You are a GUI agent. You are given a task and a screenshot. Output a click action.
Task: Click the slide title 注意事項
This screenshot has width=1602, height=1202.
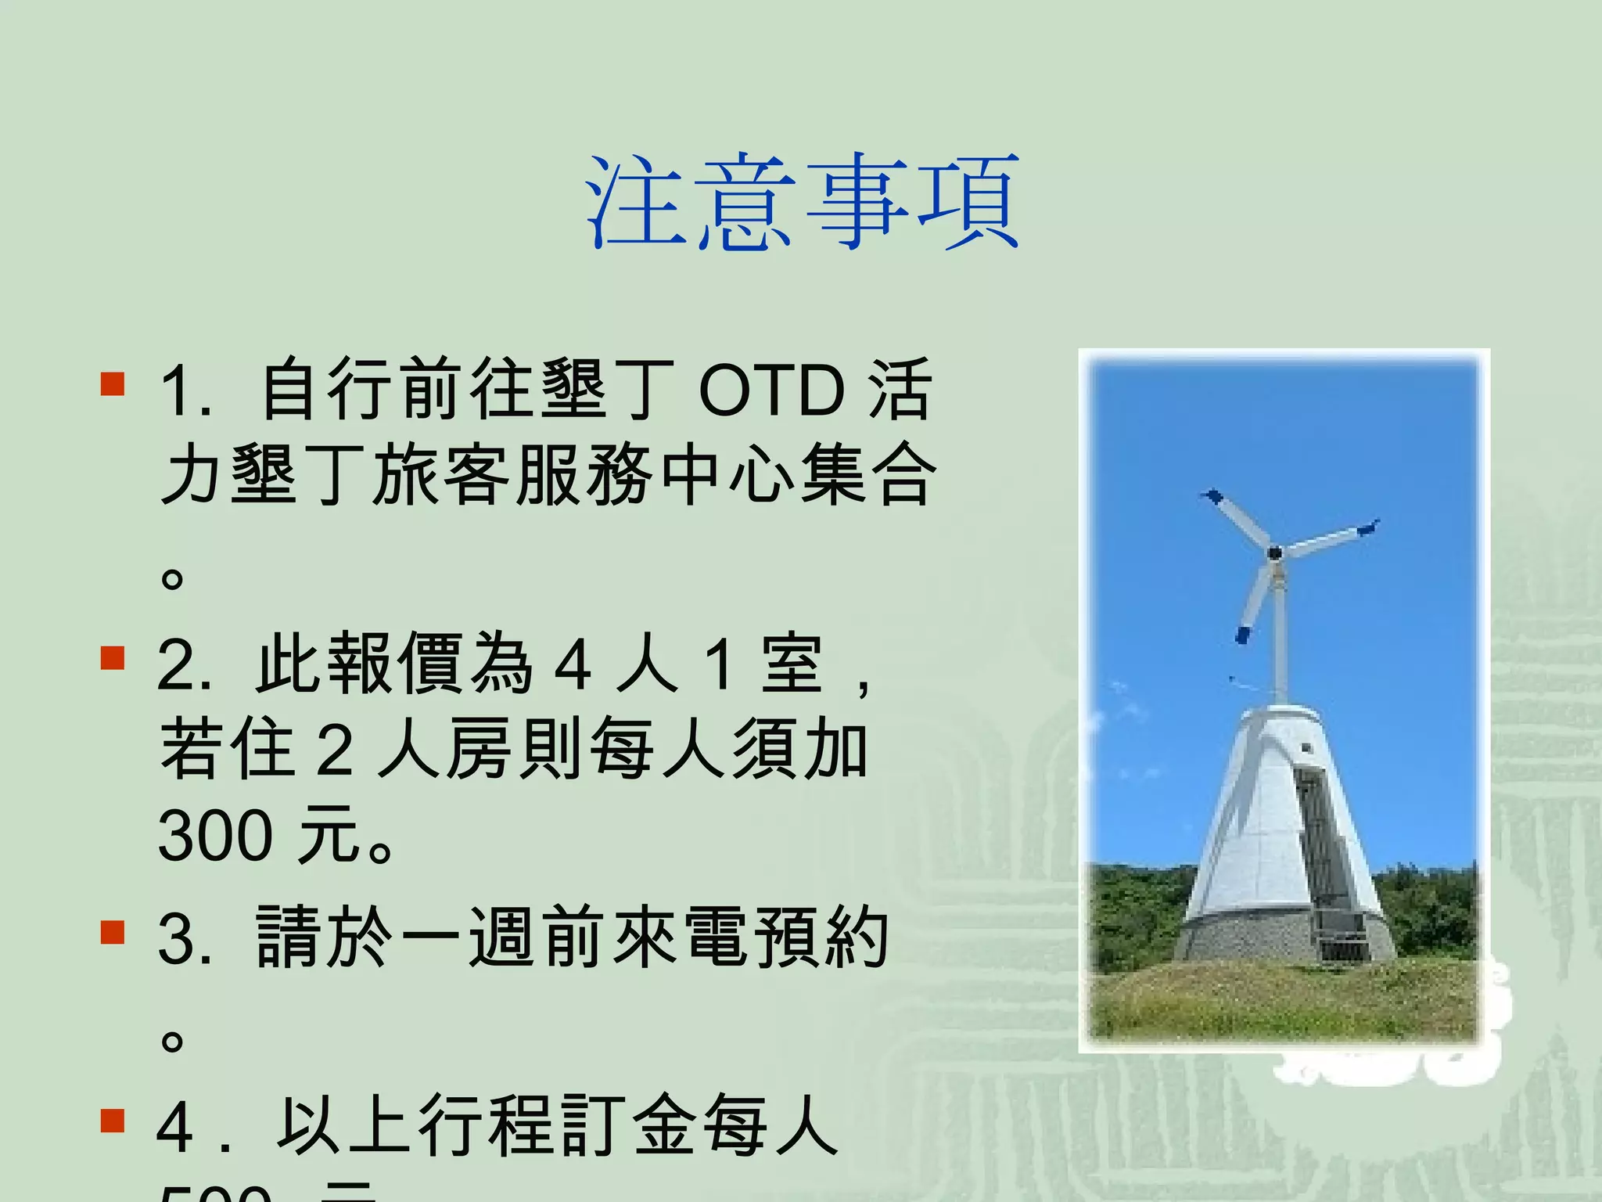803,203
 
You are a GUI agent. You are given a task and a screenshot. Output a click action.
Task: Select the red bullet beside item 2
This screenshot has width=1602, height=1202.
113,659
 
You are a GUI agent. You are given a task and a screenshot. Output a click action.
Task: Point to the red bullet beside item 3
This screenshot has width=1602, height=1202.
113,933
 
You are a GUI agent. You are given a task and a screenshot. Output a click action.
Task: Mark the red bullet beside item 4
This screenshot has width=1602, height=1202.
113,1121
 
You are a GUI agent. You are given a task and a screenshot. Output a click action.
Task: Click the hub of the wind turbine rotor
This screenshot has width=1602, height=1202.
1274,553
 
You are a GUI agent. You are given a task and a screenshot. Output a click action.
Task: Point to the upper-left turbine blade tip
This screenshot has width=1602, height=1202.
1212,497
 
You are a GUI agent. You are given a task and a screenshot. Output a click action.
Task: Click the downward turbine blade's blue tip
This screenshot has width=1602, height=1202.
1242,634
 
